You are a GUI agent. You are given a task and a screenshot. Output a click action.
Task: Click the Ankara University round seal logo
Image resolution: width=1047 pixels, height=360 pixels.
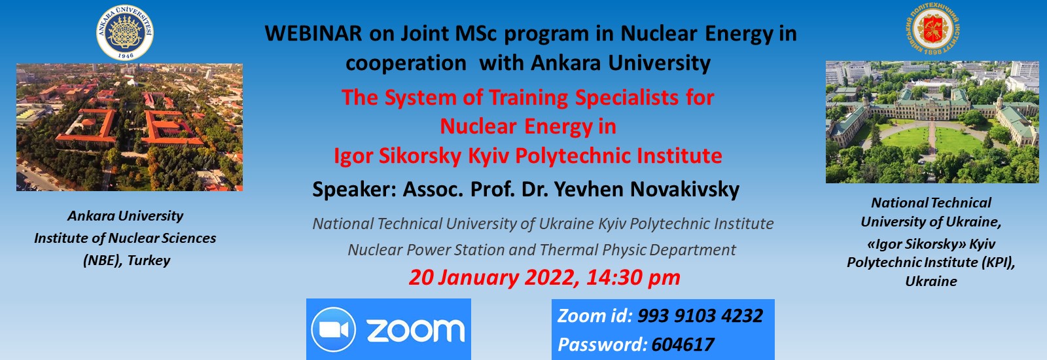coord(125,32)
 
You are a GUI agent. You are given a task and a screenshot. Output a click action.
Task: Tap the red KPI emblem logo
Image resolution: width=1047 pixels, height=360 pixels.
coord(932,28)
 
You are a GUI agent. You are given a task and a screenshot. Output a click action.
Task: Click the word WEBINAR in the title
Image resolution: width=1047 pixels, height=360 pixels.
coord(313,33)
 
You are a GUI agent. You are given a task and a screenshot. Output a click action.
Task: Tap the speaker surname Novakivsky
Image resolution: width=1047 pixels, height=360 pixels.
coord(684,189)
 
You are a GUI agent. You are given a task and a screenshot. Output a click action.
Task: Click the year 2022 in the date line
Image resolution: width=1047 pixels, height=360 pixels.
coord(549,278)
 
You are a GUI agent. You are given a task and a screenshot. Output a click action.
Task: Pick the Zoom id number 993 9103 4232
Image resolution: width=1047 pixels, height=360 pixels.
coord(700,316)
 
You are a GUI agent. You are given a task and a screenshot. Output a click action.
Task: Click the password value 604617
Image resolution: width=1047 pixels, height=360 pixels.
coord(683,345)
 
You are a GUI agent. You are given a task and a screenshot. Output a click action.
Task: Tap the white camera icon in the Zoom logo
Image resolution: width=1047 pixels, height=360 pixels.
coord(333,330)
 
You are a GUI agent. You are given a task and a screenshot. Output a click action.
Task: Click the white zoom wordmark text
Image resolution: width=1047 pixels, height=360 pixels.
coord(416,331)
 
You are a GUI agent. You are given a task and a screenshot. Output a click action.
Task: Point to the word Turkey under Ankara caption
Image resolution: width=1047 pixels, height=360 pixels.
coord(149,261)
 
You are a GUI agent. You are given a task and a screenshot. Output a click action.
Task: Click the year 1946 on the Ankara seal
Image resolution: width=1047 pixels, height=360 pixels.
coord(125,56)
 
